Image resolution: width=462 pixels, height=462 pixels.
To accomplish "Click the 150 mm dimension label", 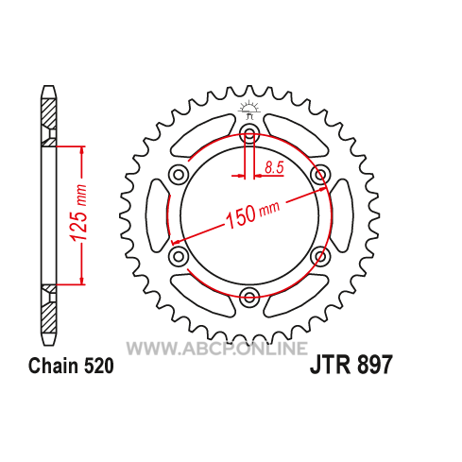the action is pos(252,214).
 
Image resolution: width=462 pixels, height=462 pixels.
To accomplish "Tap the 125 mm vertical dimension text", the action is pos(78,214).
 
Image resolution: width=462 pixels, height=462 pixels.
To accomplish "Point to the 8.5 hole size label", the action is pos(274,167).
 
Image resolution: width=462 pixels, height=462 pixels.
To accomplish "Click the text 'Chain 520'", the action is pos(71,366).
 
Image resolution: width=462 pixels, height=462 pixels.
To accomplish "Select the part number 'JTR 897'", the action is pos(351,365).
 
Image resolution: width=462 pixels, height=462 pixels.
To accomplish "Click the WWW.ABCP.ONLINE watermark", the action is pos(217,349).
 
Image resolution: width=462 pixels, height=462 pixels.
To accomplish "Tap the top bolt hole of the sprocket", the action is pos(249,132).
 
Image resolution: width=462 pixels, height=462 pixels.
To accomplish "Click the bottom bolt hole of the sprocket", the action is pos(249,296).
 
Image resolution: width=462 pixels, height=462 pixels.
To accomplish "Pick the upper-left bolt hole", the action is pos(179,174).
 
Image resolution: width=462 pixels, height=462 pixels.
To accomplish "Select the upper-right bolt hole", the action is pos(320,174).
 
